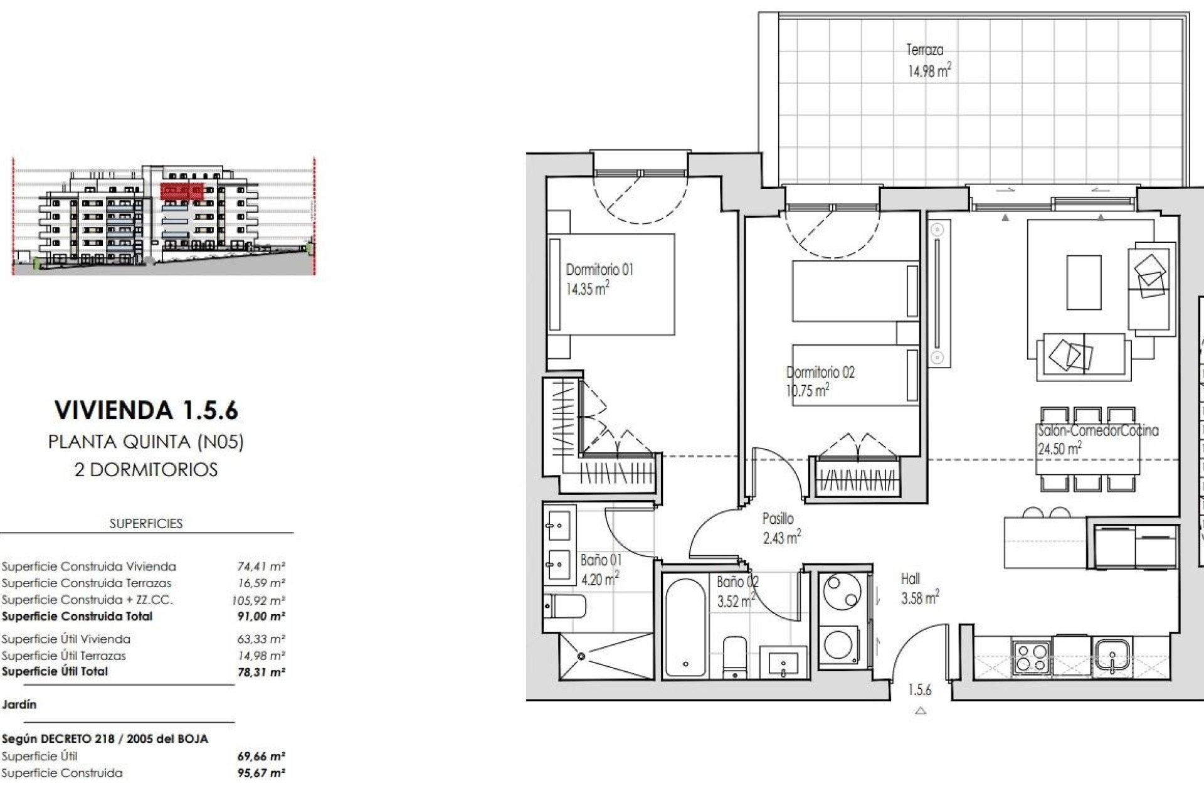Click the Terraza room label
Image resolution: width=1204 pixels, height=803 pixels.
coord(924,50)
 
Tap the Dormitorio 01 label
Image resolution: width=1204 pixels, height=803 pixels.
coord(599,270)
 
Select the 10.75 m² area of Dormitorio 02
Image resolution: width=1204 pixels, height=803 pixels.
coord(808,391)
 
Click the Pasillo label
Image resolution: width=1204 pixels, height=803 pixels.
coord(778,519)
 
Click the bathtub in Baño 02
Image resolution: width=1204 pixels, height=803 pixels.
coord(685,627)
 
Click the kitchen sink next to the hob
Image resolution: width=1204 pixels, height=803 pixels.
coord(1111,657)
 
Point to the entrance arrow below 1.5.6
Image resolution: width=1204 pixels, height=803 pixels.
coord(921,711)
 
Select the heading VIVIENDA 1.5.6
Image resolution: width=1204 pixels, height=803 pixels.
coord(146,410)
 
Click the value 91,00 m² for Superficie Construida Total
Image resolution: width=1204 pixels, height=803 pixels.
coord(261,617)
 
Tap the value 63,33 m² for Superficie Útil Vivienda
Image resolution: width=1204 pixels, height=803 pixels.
coord(261,639)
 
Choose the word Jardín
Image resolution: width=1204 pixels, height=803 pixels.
coord(19,705)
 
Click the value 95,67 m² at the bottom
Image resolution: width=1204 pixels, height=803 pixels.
coord(261,773)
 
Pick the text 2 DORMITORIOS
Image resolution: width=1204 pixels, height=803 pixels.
coord(145,470)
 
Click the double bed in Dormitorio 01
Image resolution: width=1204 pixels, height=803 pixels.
coord(611,285)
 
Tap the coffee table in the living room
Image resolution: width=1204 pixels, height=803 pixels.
coord(1084,282)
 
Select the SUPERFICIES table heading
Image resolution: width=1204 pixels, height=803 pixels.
coord(145,524)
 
